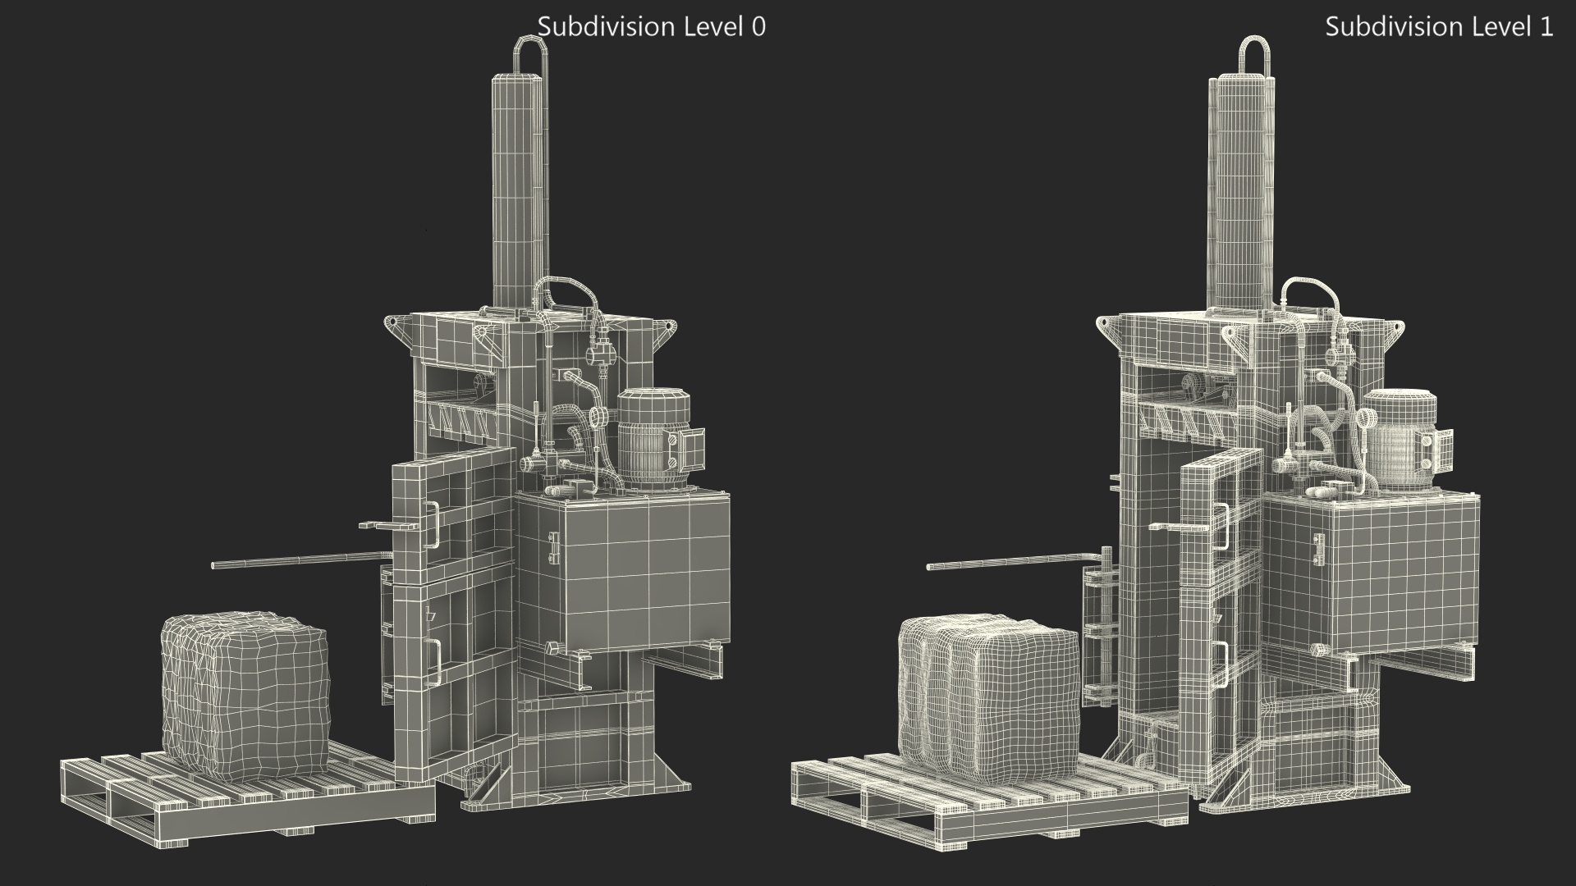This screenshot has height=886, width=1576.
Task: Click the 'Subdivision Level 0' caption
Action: [651, 27]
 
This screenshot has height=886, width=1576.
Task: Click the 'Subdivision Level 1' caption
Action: [1439, 27]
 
